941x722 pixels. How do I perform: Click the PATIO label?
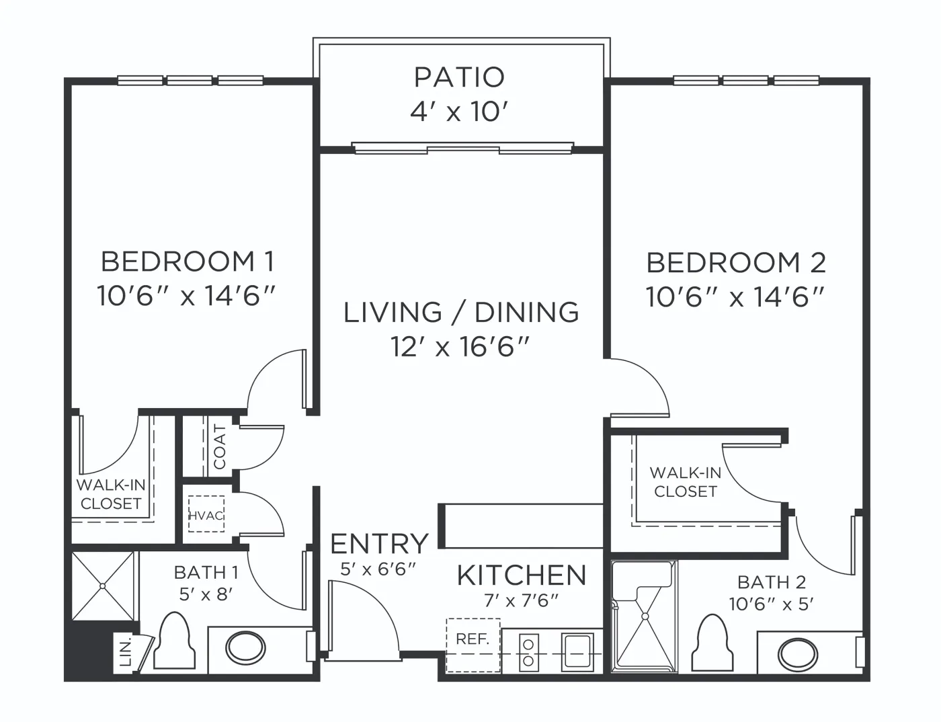pos(459,77)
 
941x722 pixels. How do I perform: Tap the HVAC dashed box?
pos(206,514)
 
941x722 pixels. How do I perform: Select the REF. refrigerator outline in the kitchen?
pos(473,645)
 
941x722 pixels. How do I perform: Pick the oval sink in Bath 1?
pos(245,648)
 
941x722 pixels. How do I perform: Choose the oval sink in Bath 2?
pos(798,654)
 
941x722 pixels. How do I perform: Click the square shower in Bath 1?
pos(103,586)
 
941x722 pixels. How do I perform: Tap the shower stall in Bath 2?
pos(644,616)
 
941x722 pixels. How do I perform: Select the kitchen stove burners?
pos(529,653)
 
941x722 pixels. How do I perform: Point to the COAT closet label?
pos(220,446)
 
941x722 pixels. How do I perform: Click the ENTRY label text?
pos(379,544)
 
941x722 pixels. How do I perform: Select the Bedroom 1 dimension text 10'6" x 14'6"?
pos(186,296)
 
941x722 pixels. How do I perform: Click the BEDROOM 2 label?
pos(736,262)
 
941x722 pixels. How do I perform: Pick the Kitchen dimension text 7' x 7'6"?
pos(521,601)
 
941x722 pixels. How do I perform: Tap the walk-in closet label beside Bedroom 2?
pos(686,482)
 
